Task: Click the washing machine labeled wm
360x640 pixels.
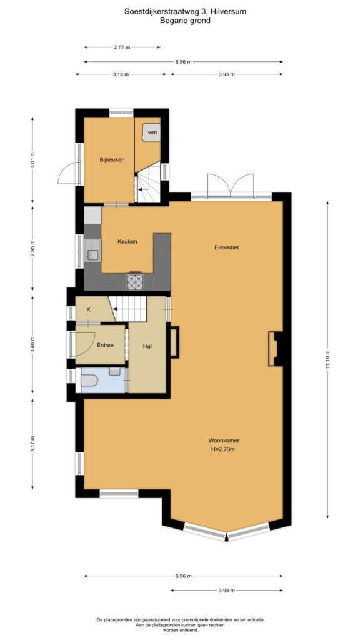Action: [151, 132]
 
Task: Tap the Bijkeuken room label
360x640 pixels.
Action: [112, 159]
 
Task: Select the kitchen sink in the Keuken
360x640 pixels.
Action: [92, 250]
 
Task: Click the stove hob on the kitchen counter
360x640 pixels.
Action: [135, 281]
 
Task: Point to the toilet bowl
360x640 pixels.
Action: [89, 381]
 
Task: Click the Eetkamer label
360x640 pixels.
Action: [227, 247]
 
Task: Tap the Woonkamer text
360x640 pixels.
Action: [224, 441]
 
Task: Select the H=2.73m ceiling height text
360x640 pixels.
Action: [224, 449]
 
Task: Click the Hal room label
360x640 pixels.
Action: [147, 346]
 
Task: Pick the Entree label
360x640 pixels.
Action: [105, 345]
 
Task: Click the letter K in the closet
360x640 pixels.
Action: [88, 309]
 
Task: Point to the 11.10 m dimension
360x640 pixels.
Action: [327, 359]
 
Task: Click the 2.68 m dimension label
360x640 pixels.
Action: [122, 47]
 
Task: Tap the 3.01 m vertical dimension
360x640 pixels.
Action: [32, 160]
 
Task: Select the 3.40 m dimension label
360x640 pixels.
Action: [32, 344]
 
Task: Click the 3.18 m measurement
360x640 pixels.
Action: [121, 74]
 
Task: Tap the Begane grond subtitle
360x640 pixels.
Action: [185, 21]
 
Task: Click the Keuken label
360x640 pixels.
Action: [127, 242]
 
